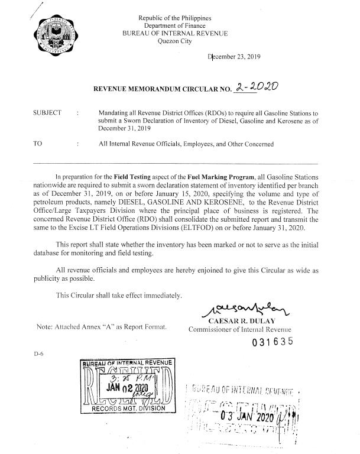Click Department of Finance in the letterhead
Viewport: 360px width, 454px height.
(179, 25)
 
